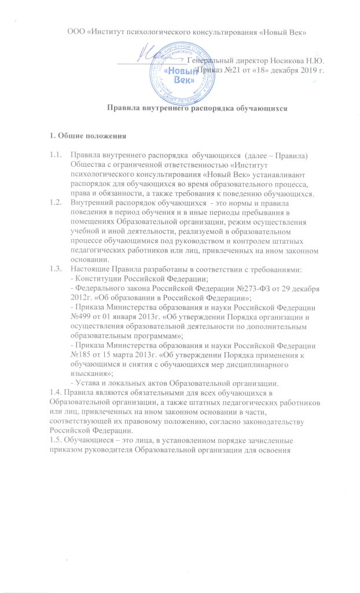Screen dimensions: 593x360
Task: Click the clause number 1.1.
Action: (x=57, y=153)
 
